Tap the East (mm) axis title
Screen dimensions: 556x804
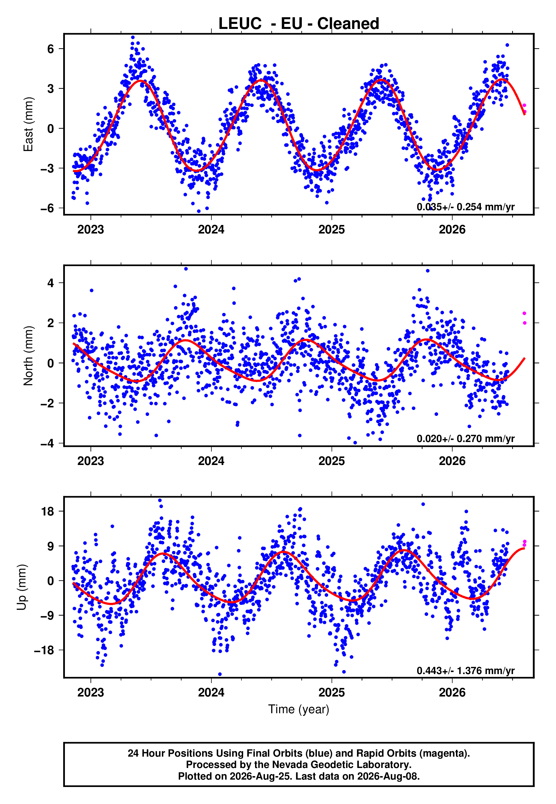[x=28, y=124]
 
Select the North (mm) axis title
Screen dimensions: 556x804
[x=28, y=356]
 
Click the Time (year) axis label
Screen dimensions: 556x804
[x=299, y=709]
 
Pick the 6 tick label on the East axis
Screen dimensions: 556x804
[x=51, y=49]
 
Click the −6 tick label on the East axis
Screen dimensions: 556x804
[x=47, y=209]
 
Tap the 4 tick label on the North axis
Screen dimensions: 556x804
[x=51, y=283]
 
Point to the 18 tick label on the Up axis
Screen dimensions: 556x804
[x=48, y=512]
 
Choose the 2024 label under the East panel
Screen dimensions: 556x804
[x=211, y=230]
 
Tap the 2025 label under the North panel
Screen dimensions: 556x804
[x=332, y=461]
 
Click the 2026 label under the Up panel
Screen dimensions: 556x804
[x=452, y=693]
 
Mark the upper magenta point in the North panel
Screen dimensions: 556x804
[x=524, y=313]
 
